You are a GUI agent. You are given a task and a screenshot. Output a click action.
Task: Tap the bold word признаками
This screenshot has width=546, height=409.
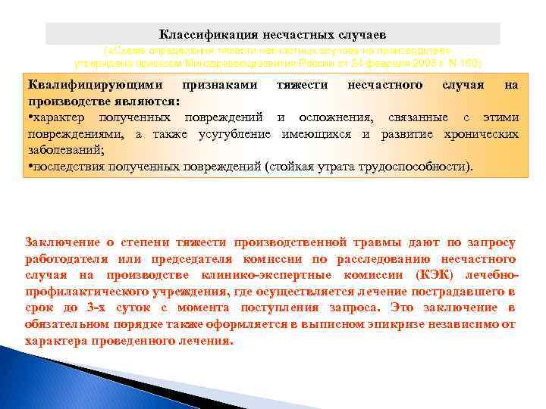pyautogui.click(x=220, y=85)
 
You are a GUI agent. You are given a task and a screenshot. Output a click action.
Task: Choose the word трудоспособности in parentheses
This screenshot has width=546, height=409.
pyautogui.click(x=413, y=165)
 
